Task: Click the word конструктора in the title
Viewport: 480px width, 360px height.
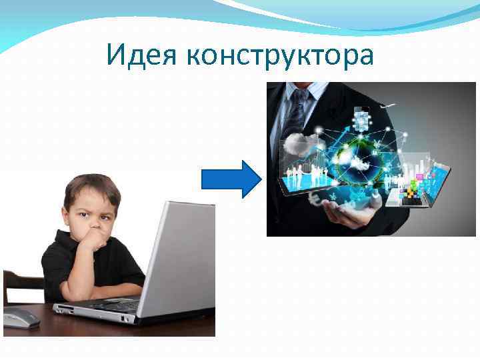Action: point(281,57)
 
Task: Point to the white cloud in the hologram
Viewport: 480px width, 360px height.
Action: point(293,142)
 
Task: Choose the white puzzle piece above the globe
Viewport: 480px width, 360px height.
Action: point(361,121)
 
